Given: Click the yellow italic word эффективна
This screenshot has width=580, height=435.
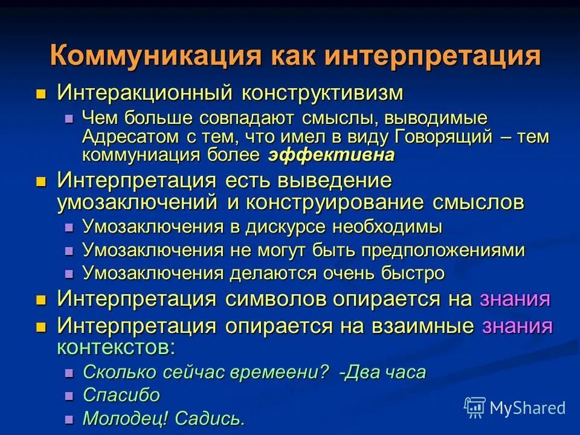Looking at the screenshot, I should point(332,155).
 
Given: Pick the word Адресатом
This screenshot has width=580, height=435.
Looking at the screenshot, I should point(124,137).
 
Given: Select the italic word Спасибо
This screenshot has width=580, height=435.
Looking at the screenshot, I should point(121,395).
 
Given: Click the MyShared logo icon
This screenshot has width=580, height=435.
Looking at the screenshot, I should point(475,407).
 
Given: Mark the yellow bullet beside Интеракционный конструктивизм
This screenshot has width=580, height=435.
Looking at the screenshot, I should point(41,94).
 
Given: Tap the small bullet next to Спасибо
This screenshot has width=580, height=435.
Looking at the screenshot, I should point(69,396).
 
